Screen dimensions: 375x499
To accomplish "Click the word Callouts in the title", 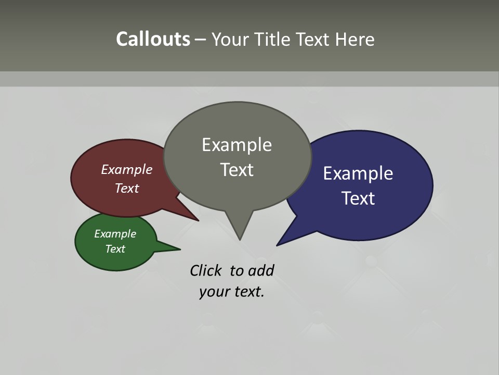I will tap(153, 39).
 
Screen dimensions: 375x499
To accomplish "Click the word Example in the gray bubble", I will tap(237, 145).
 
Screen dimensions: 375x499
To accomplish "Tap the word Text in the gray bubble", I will tap(237, 170).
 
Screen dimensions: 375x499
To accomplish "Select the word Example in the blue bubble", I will tap(358, 173).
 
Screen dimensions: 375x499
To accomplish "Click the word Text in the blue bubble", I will tap(358, 198).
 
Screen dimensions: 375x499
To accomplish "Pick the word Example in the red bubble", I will tap(127, 169).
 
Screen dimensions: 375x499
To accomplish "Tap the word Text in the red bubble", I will tap(127, 188).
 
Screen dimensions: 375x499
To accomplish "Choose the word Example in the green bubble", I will tap(115, 234).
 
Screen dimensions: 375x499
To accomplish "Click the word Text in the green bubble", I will tap(115, 249).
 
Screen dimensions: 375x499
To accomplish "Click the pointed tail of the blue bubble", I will tap(279, 244).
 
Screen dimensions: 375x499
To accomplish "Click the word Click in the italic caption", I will tap(207, 270).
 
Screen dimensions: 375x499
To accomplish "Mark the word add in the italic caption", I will tap(261, 270).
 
